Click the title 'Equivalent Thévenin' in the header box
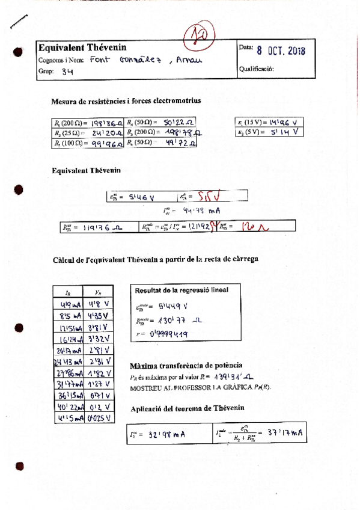tap(78, 48)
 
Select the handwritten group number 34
tap(67, 70)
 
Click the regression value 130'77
tap(181, 321)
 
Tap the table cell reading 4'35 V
tap(97, 315)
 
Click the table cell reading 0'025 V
tap(98, 418)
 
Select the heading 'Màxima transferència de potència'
tap(186, 366)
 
